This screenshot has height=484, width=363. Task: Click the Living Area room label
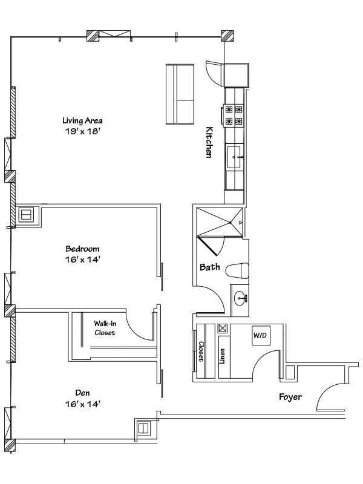pos(82,120)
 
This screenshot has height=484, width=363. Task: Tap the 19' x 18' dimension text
pos(82,131)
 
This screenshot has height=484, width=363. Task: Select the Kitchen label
pos(209,142)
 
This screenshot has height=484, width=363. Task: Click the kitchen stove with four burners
pos(234,115)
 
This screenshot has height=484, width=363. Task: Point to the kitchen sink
pos(234,157)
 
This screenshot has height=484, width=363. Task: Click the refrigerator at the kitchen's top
pos(236,75)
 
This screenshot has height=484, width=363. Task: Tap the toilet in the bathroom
pos(237,270)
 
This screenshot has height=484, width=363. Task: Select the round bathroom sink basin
pos(241,299)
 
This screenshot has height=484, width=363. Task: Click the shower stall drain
pos(231,223)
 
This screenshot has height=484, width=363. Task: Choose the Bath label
pos(210,267)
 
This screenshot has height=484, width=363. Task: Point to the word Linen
pos(222,356)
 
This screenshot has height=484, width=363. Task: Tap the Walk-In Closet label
pos(105,328)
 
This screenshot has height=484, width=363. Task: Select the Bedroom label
pos(82,249)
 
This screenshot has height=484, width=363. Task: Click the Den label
pos(82,393)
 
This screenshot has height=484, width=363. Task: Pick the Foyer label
pos(290,397)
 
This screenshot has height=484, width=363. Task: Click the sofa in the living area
pos(180,94)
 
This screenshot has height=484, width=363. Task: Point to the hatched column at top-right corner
pos(227,36)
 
